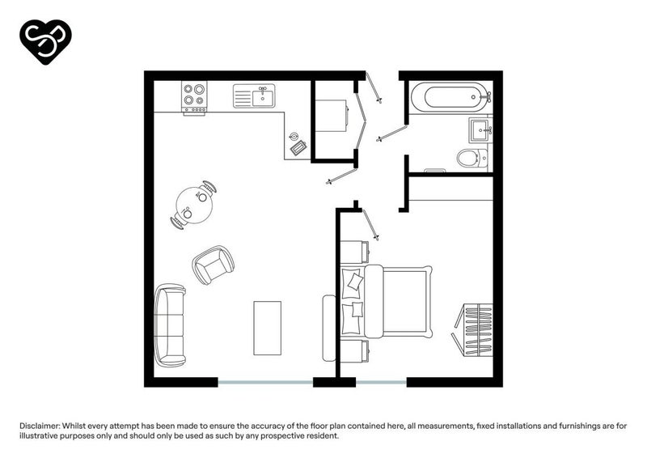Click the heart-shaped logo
click(x=45, y=41)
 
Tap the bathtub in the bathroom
click(x=451, y=97)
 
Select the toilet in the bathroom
click(x=472, y=158)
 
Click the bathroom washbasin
click(x=480, y=129)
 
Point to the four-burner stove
click(x=194, y=97)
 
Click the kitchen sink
click(x=254, y=95)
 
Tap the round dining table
click(x=194, y=206)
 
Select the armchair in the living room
click(x=214, y=265)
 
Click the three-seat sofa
click(x=170, y=325)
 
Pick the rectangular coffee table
click(x=268, y=328)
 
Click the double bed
click(x=387, y=302)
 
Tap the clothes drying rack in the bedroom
click(x=473, y=330)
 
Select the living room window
click(x=265, y=383)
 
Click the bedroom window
click(x=381, y=383)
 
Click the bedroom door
click(x=370, y=225)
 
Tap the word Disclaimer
click(x=40, y=426)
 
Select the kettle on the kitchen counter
click(x=294, y=137)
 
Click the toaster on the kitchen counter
click(x=298, y=148)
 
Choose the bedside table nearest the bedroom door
click(x=354, y=252)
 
